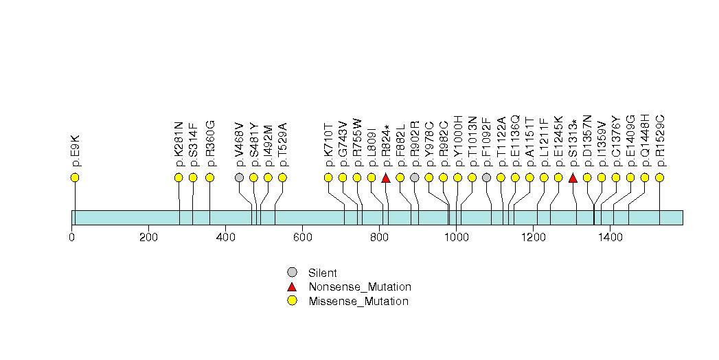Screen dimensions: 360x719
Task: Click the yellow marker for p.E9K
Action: point(75,178)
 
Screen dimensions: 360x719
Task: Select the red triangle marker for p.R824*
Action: point(386,178)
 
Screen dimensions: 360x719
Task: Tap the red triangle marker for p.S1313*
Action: point(573,178)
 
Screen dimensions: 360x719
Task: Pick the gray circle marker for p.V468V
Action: point(239,178)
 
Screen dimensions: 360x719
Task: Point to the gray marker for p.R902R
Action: point(415,178)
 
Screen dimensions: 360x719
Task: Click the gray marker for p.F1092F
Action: point(486,178)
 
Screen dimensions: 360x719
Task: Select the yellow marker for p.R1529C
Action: point(659,178)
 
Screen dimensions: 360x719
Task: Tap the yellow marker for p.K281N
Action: point(179,178)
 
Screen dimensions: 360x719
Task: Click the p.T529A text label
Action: point(282,144)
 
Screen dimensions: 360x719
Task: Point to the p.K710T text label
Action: point(328,144)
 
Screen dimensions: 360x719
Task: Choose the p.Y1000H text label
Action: point(458,143)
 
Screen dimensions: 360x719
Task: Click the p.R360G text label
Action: point(210,144)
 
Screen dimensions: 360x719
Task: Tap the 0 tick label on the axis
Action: point(72,238)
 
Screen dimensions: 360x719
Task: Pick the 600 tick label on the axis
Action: point(302,238)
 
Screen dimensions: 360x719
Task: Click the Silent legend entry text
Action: point(323,273)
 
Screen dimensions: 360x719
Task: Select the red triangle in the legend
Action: point(293,286)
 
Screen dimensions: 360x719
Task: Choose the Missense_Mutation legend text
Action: point(358,302)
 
